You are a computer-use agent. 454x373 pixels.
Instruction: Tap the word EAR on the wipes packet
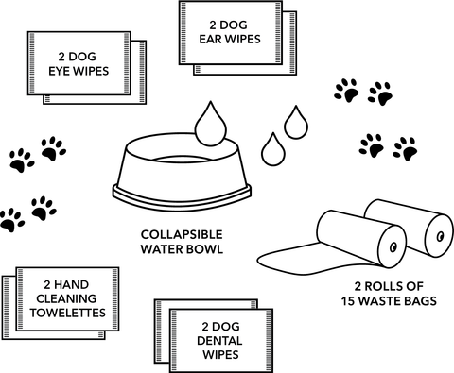point(210,41)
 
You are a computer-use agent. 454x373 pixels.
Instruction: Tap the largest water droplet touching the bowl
point(208,124)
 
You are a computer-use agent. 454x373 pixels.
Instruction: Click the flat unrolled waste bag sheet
point(288,252)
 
